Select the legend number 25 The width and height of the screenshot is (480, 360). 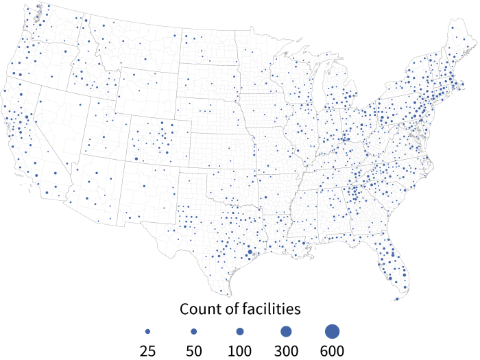[147, 351]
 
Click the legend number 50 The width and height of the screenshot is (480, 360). [193, 351]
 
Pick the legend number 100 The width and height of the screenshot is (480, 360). [239, 351]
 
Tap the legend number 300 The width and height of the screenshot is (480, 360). [285, 351]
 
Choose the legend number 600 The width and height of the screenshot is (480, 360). [332, 351]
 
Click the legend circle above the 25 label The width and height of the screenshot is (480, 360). [147, 331]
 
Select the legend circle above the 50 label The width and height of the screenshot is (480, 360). [193, 331]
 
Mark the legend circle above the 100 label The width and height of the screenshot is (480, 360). [239, 331]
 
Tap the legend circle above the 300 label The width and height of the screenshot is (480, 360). [286, 331]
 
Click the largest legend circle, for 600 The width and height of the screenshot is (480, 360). [332, 331]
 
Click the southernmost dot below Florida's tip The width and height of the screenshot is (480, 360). [397, 299]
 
